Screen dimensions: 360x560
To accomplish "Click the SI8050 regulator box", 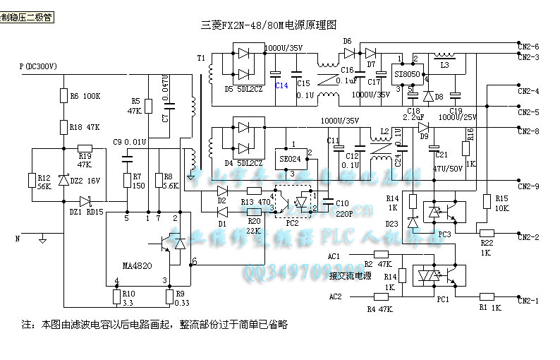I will coord(407,73).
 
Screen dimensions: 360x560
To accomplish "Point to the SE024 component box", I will coord(290,159).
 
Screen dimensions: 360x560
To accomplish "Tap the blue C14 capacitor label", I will coord(281,85).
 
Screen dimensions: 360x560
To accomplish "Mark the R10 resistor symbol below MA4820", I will coord(116,296).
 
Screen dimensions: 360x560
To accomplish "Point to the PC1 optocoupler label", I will coord(443,299).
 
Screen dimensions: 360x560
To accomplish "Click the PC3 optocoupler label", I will coord(444,233).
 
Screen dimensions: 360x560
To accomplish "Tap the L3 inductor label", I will coord(444,65).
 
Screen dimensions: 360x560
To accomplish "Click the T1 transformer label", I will coord(201,58).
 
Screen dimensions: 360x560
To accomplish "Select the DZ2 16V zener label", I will coord(85,181).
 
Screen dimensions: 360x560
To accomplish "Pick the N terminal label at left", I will coord(18,239).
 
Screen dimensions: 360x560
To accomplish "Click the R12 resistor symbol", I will coord(32,181).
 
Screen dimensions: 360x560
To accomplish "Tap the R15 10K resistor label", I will coord(501,203).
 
